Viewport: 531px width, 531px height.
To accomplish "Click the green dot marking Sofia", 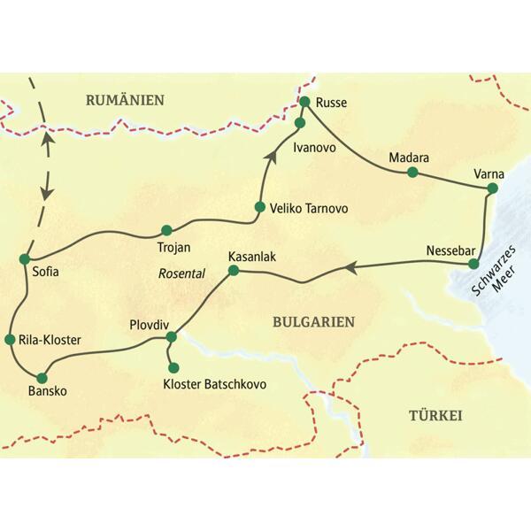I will coord(25,258).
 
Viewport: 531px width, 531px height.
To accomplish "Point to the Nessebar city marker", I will coord(473,263).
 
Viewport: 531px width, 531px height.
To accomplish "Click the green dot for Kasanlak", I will coord(234,270).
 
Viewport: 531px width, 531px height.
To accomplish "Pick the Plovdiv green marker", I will coord(172,336).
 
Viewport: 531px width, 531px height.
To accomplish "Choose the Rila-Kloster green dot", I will coord(12,339).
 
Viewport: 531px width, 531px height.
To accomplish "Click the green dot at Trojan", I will coord(166,229).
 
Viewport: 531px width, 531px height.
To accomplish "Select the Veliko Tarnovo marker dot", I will coord(259,208).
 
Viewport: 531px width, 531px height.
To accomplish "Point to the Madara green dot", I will coord(412,172).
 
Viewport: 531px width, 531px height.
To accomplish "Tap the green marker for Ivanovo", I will coord(299,122).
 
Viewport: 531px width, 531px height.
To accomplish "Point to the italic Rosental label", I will coord(181,274).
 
